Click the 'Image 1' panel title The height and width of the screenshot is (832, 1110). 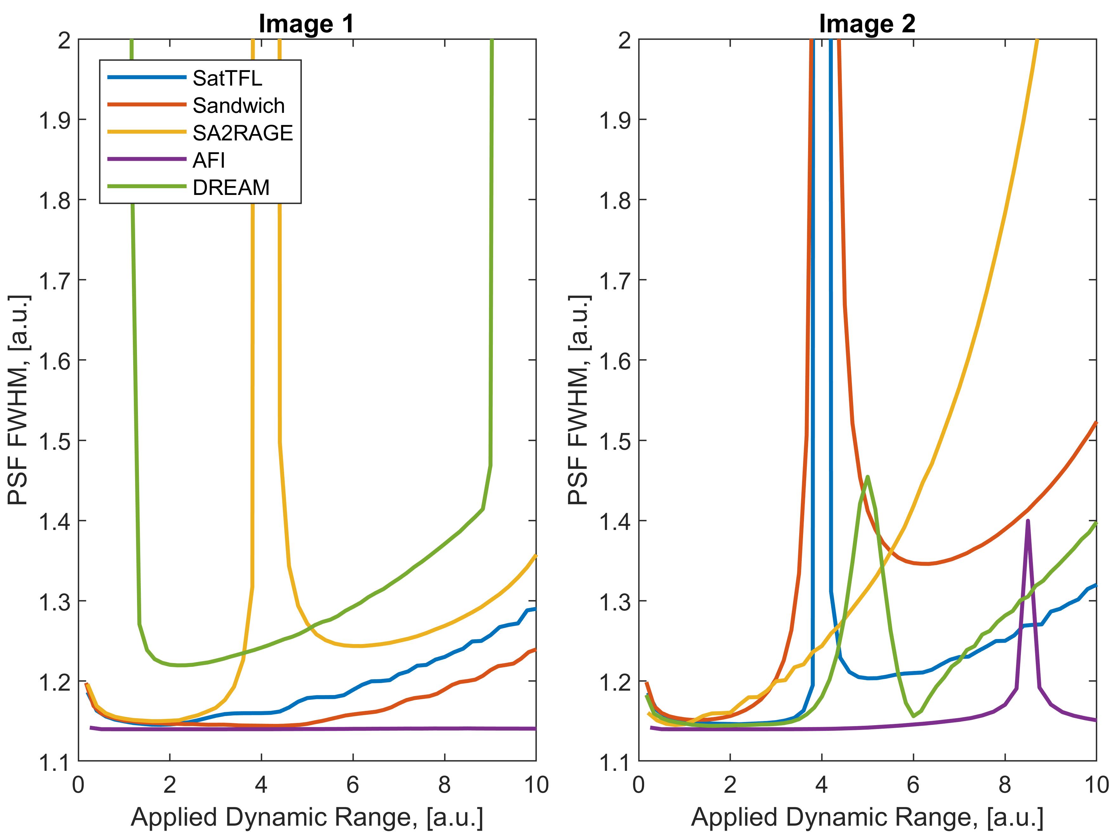click(x=306, y=23)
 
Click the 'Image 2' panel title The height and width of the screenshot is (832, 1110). click(x=867, y=23)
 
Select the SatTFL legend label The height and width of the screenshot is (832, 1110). click(x=227, y=78)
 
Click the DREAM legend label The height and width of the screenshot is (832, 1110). click(x=231, y=187)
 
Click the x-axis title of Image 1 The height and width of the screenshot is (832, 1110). click(x=307, y=817)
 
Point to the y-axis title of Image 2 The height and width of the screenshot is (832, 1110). click(x=578, y=400)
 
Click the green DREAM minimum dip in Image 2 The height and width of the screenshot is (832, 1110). click(x=913, y=716)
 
